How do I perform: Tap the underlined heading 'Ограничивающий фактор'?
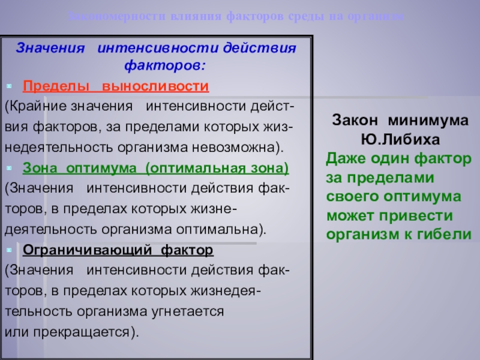tap(118, 249)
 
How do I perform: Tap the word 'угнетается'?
tap(189, 311)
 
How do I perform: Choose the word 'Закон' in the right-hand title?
tap(354, 120)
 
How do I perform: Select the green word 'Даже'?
tap(344, 159)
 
